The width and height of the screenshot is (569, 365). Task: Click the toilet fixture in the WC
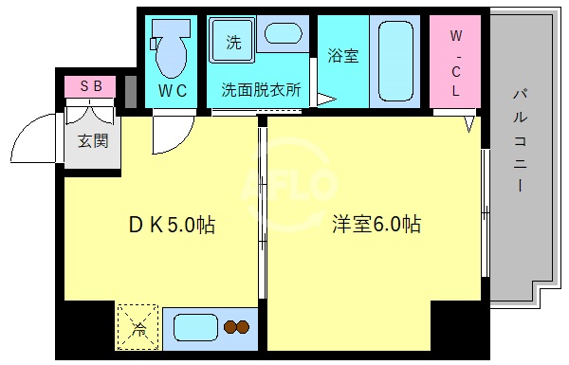171,49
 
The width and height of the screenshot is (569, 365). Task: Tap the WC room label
172,91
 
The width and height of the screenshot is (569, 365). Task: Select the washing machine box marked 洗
233,43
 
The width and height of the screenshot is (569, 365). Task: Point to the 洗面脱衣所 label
261,91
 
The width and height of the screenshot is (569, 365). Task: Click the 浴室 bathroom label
342,55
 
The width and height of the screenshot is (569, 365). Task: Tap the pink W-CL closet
455,63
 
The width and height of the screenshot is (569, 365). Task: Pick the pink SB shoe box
90,86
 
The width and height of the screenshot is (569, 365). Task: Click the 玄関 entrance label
92,142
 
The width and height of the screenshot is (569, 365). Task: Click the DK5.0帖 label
171,226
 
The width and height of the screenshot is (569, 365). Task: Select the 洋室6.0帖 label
376,226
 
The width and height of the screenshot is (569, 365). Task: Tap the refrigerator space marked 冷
138,327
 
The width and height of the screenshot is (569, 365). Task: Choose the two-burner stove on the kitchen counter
236,328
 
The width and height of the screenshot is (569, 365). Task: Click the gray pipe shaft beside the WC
131,91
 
